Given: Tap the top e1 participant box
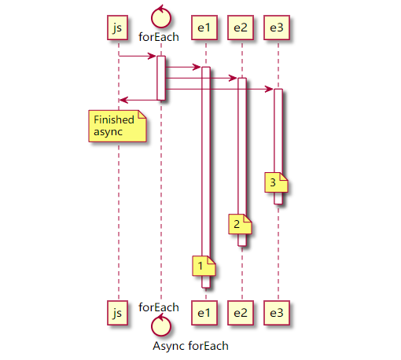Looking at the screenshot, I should click(204, 28).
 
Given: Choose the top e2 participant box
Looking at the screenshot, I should click(241, 28).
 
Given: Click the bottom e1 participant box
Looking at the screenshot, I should click(204, 313).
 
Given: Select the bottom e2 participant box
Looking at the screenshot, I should click(241, 313).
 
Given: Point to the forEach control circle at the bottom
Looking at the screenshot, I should click(160, 324).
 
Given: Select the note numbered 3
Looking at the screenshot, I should click(275, 182).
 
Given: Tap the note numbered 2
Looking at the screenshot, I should click(239, 224).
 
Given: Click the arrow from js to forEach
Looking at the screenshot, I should click(138, 56).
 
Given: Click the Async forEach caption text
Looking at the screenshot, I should click(190, 345).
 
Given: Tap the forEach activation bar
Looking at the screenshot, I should click(160, 78).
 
